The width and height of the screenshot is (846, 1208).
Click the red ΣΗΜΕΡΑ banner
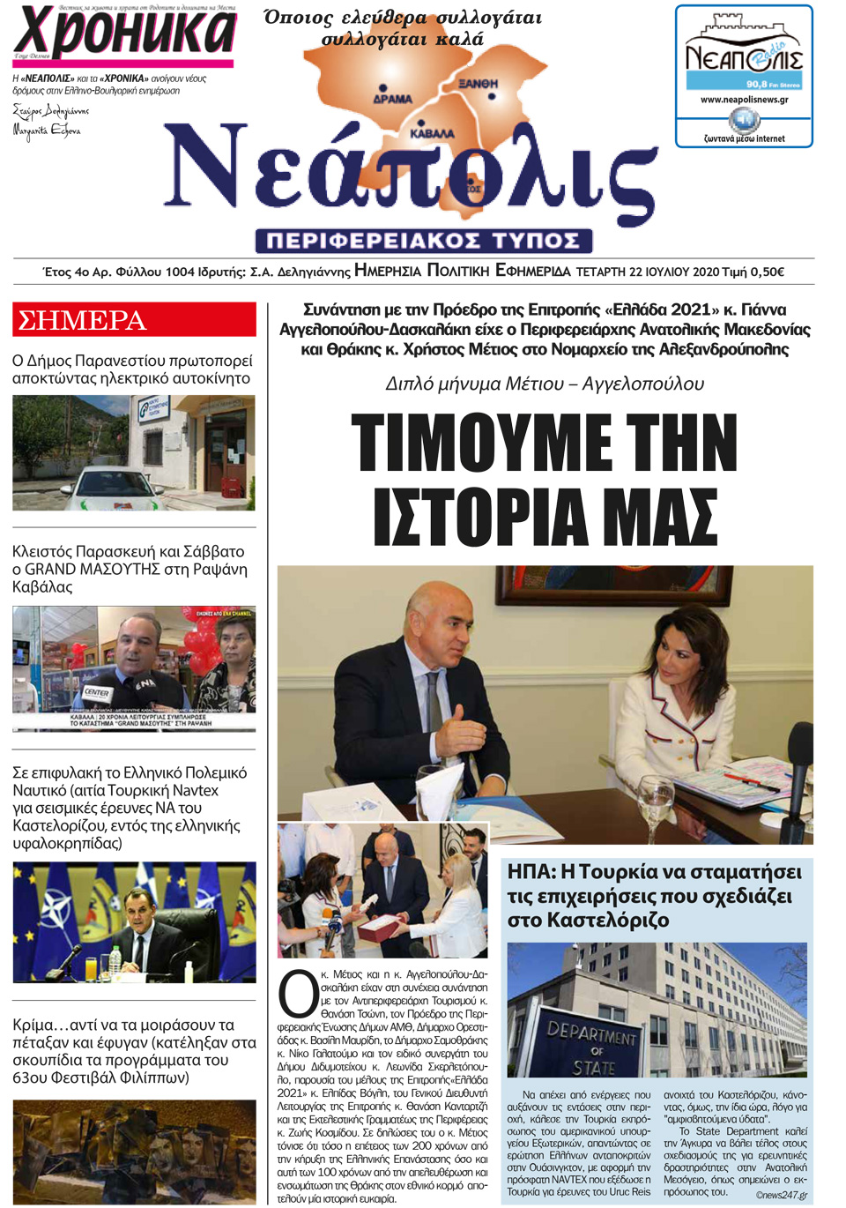(134, 319)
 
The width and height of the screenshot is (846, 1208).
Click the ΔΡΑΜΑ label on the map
(392, 99)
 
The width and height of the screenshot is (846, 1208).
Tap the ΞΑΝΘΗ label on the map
(479, 84)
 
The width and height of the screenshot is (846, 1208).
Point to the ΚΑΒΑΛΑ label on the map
(432, 134)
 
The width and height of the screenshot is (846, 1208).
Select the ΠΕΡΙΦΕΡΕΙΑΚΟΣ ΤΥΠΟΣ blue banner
(423, 241)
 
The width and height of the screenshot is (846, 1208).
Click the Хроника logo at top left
(123, 33)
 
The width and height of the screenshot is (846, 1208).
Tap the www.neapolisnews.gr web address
(744, 100)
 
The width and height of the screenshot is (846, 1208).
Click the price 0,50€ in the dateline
(767, 272)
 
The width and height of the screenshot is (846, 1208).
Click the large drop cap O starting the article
(298, 994)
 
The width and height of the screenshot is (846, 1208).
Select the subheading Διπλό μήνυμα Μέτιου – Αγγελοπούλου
(545, 384)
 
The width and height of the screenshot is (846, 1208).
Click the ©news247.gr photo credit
(781, 1195)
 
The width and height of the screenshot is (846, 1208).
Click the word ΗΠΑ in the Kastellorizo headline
(530, 872)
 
